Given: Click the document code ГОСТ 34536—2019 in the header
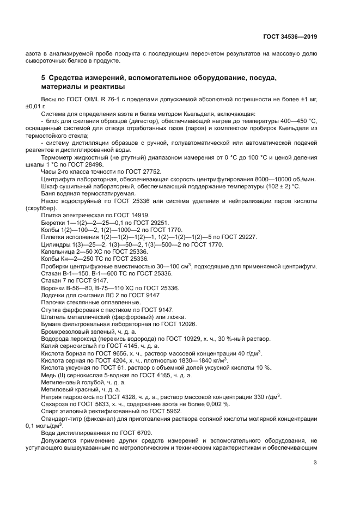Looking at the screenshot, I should (x=289, y=37).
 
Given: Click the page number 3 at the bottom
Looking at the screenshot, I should (x=315, y=463).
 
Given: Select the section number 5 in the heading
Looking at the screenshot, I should (x=44, y=78).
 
